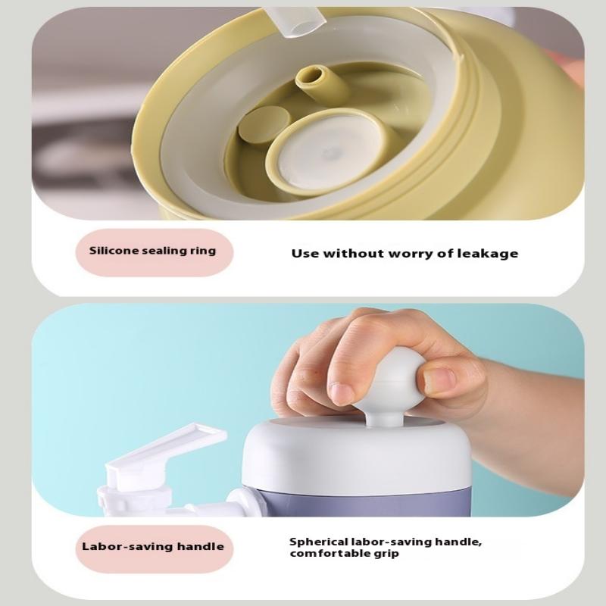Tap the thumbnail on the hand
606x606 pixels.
441,380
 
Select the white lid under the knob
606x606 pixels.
356,452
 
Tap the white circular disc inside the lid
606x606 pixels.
332,154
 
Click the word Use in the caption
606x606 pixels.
305,254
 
